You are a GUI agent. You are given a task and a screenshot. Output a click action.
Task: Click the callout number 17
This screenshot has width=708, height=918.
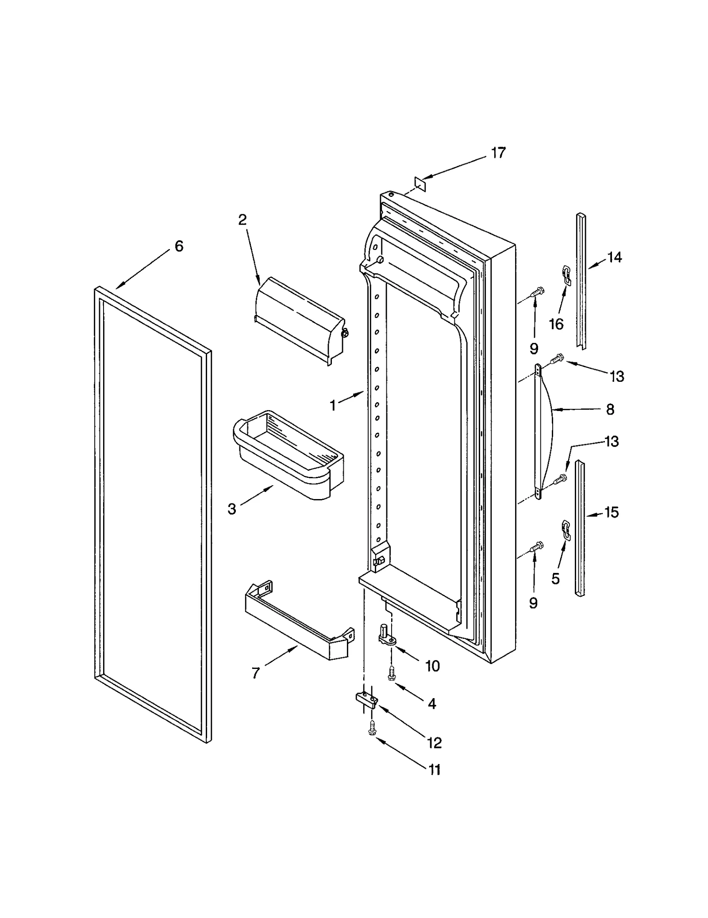pos(498,153)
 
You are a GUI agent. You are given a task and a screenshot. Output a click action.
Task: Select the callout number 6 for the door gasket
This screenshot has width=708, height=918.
pos(179,246)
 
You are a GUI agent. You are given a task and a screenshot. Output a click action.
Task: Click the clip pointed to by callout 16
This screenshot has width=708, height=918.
pos(565,273)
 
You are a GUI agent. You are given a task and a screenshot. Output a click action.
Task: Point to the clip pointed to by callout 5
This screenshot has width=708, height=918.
pos(565,530)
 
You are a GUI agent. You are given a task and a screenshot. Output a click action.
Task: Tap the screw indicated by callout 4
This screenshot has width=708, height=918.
pos(391,673)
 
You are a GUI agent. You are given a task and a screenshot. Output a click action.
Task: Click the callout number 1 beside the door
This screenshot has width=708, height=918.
pos(333,405)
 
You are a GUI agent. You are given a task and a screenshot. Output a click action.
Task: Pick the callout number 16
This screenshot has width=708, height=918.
pos(556,324)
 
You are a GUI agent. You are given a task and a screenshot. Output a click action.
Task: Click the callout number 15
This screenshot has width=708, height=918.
pos(612,512)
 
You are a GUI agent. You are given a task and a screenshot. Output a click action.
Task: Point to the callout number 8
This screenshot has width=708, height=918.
pos(610,410)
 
